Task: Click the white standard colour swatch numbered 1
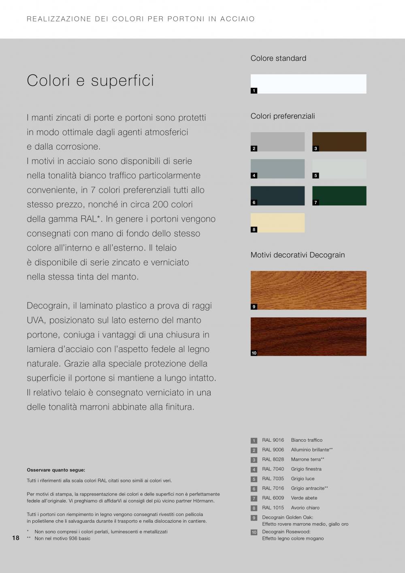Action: click(x=308, y=84)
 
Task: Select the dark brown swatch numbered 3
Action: click(x=339, y=142)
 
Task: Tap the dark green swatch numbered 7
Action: click(x=339, y=196)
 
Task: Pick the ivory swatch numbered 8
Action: click(x=277, y=223)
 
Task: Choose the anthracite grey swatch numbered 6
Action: click(x=277, y=196)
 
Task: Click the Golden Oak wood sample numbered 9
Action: click(x=308, y=290)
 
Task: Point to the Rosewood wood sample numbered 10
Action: click(x=308, y=336)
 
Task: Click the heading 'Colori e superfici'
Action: click(x=90, y=80)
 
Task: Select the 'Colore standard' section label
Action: click(x=278, y=58)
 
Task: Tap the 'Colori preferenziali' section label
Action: click(x=283, y=116)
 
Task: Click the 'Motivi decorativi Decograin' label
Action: click(x=298, y=255)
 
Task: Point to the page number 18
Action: click(x=16, y=538)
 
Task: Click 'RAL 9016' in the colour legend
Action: click(x=273, y=440)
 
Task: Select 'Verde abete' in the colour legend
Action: click(x=304, y=498)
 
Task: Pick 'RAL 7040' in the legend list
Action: click(x=273, y=469)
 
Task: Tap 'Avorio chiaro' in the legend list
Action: click(x=305, y=508)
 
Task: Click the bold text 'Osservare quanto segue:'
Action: click(x=56, y=470)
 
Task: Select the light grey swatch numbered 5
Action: click(x=339, y=169)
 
